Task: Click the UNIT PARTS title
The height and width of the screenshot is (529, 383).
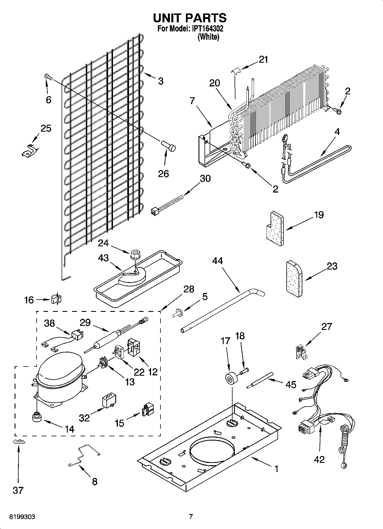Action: pos(190,18)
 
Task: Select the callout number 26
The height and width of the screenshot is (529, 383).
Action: pos(164,174)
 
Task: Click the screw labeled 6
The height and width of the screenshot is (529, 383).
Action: pos(48,77)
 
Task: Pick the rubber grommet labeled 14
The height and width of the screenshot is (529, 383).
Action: pos(37,417)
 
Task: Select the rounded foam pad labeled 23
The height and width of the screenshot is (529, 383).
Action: pos(294,279)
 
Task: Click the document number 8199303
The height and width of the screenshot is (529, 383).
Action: pos(22,517)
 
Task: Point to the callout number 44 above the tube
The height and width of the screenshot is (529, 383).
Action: pos(218,261)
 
